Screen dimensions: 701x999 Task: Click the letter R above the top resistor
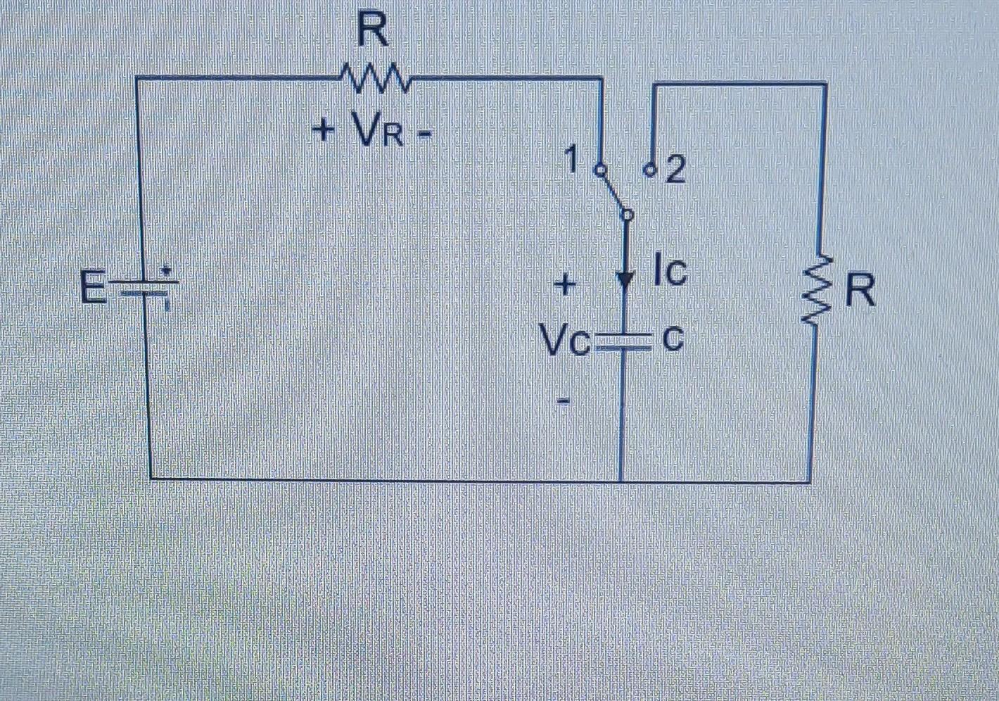pyautogui.click(x=373, y=32)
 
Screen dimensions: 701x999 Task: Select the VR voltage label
pyautogui.click(x=379, y=131)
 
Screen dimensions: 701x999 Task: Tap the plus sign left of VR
pyautogui.click(x=324, y=130)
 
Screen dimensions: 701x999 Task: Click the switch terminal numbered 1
pyautogui.click(x=600, y=170)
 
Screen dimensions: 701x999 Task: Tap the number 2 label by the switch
pyautogui.click(x=675, y=171)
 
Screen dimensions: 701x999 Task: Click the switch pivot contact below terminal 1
pyautogui.click(x=628, y=214)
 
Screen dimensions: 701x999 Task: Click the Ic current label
pyautogui.click(x=669, y=273)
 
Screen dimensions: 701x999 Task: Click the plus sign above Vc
pyautogui.click(x=565, y=286)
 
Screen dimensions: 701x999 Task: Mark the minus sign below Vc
pyautogui.click(x=564, y=400)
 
